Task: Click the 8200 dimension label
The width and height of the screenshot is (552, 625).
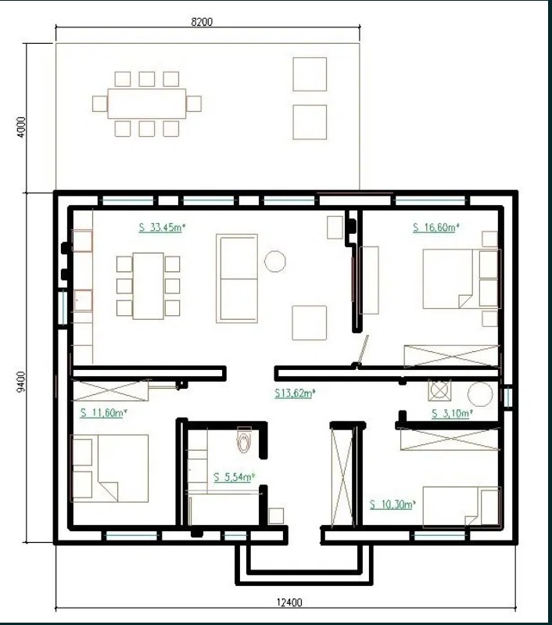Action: tap(202, 22)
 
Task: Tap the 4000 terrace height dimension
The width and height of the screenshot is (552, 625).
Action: tap(22, 128)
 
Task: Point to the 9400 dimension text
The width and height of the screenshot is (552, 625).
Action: tap(21, 382)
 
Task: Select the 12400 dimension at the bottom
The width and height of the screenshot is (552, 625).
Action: tap(289, 602)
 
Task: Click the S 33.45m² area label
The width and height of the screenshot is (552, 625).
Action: tap(162, 228)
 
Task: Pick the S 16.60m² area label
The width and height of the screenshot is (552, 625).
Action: tap(436, 228)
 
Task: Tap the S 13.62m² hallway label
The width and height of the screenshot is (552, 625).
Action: tap(295, 393)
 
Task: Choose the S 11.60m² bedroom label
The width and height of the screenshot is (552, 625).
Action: tap(104, 413)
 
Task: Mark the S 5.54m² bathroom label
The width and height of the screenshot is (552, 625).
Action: tap(234, 477)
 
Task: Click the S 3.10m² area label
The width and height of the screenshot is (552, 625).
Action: tap(453, 414)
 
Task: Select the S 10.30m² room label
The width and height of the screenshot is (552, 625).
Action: tap(392, 505)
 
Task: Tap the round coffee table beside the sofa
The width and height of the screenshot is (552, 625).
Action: tap(275, 261)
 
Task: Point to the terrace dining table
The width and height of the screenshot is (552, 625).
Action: tap(147, 103)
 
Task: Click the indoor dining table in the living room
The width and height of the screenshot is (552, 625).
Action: tap(149, 286)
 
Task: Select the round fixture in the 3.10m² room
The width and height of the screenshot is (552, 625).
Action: tap(480, 394)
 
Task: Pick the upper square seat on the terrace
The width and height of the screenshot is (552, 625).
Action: tap(310, 74)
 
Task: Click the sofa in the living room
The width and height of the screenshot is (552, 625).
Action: tap(237, 278)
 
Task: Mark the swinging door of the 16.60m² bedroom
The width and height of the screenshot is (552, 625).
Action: tap(363, 350)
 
